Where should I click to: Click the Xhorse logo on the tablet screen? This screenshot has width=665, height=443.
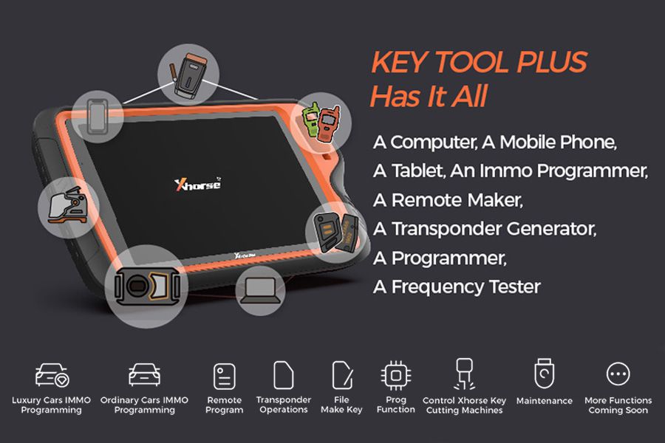197,183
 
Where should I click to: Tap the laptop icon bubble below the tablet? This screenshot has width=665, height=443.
260,290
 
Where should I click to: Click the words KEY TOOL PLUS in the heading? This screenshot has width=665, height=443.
478,63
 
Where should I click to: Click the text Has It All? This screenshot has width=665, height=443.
428,97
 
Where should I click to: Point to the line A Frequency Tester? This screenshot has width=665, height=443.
457,286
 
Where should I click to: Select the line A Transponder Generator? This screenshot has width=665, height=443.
484,229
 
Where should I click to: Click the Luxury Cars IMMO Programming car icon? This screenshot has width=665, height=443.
52,374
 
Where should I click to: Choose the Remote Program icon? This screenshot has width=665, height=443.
225,376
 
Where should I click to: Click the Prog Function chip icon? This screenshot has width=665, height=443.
396,375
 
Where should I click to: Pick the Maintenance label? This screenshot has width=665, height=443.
544,401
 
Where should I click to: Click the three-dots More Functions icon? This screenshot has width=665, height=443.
618,374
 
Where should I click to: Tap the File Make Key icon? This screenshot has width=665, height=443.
341,375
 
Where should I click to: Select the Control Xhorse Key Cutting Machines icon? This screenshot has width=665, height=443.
464,374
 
